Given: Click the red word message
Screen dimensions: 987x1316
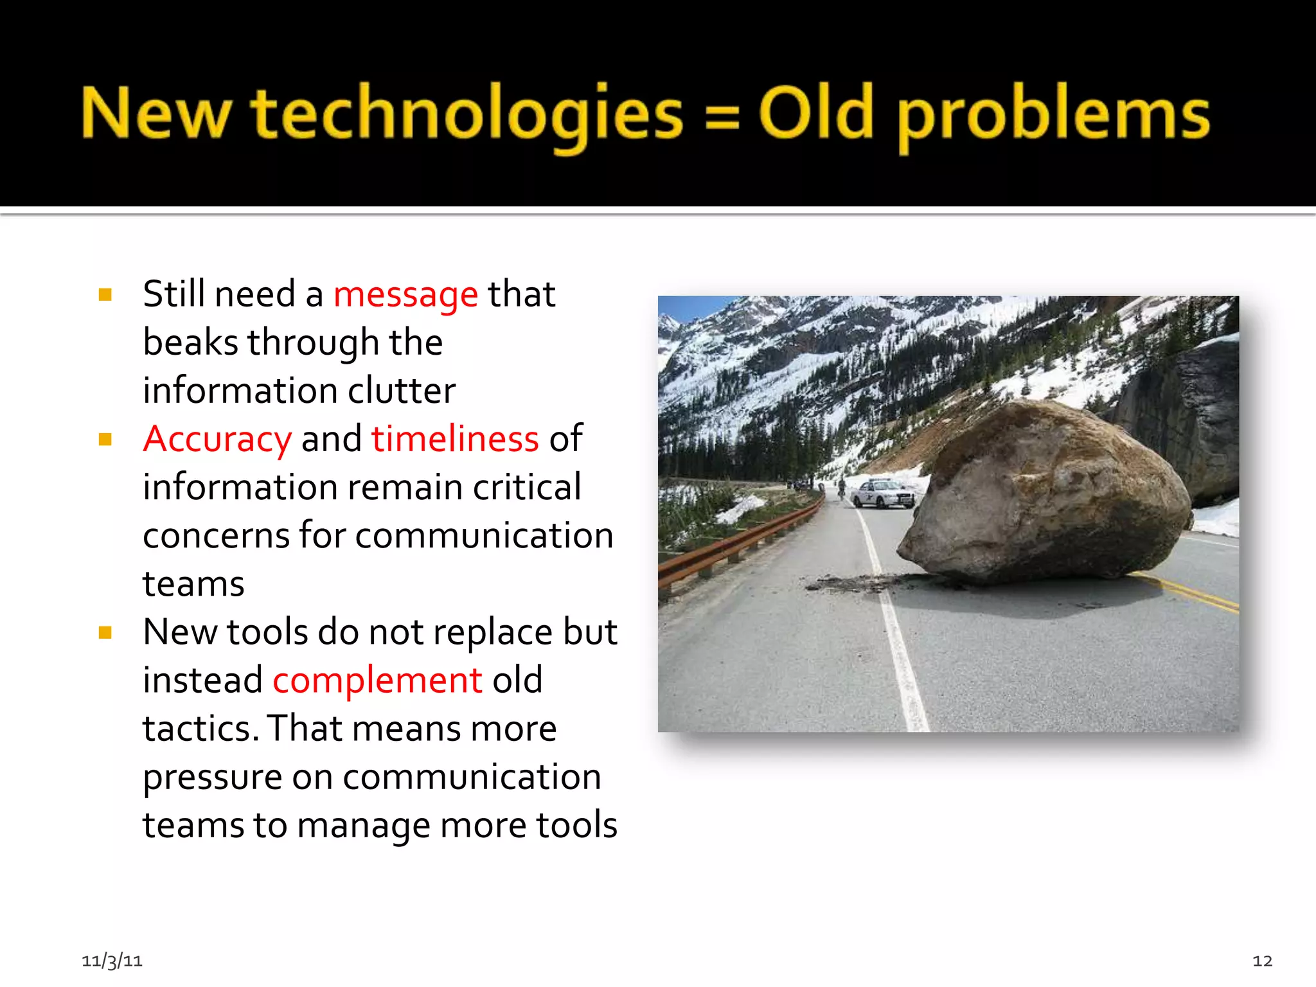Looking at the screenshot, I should click(405, 296).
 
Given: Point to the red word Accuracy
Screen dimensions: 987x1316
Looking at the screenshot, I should click(218, 440).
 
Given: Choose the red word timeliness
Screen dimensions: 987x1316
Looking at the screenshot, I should click(455, 440).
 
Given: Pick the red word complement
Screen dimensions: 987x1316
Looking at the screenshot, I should click(377, 680).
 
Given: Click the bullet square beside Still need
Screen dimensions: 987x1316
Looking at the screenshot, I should click(105, 295).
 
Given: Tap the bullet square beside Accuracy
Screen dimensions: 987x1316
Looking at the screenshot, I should click(105, 440).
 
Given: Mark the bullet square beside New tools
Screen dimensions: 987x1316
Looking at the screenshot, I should click(105, 633).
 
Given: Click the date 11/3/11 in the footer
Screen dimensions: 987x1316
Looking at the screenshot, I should click(112, 961).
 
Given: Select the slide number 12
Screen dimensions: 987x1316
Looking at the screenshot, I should click(1262, 961).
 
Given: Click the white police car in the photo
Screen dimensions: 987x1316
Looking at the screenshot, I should click(883, 493).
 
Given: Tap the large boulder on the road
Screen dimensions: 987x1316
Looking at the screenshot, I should click(1047, 495).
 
